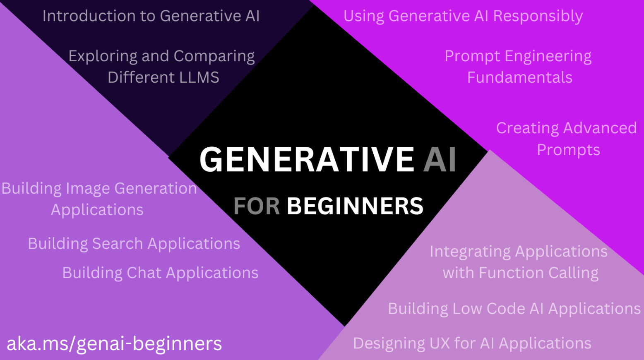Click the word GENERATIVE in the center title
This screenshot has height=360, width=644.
click(307, 159)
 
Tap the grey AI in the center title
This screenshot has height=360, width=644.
click(440, 159)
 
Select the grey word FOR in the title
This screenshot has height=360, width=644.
click(257, 206)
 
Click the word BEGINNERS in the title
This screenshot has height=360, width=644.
click(355, 206)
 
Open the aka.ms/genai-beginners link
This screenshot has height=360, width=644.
click(114, 343)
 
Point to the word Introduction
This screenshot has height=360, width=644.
click(89, 16)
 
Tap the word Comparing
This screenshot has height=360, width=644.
click(214, 56)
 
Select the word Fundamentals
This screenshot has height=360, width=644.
click(520, 77)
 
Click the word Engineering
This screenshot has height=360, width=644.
click(548, 56)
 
